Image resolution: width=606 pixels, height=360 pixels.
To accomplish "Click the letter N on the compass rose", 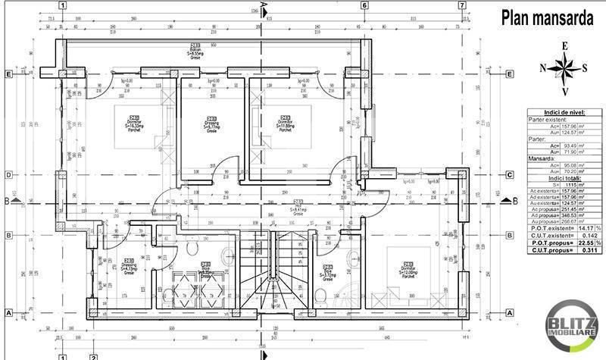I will [x=543, y=67].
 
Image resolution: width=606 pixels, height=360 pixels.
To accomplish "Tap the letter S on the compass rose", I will [x=584, y=67].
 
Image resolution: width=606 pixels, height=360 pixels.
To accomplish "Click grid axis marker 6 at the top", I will [x=364, y=5].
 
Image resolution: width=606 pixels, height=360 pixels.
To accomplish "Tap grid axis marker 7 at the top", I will [x=461, y=5].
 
